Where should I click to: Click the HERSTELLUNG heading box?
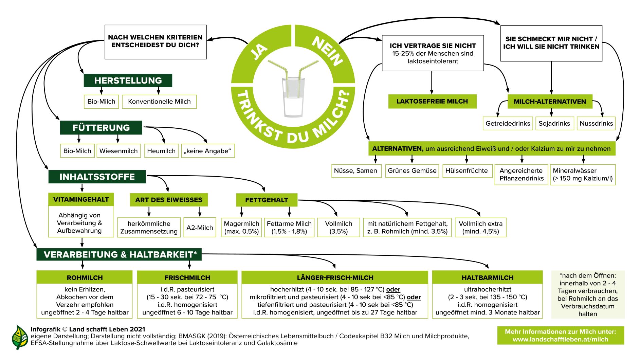(128, 80)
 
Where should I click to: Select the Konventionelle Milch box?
(159, 102)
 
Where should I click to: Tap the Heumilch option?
(161, 151)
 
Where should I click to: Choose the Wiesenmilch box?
(118, 151)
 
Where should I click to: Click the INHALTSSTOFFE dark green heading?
(97, 177)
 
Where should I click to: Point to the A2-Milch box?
(200, 228)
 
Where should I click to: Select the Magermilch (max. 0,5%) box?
(241, 228)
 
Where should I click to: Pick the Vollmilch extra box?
(480, 228)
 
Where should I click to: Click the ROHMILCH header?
(85, 277)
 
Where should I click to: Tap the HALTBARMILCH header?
(487, 277)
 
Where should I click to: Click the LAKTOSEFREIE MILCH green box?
(432, 101)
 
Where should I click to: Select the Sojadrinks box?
(554, 123)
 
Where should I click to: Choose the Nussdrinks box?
(596, 123)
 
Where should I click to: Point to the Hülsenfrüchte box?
(467, 170)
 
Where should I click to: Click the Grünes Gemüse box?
(412, 170)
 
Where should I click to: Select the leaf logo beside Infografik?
(20, 337)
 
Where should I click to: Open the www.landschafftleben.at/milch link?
(560, 339)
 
